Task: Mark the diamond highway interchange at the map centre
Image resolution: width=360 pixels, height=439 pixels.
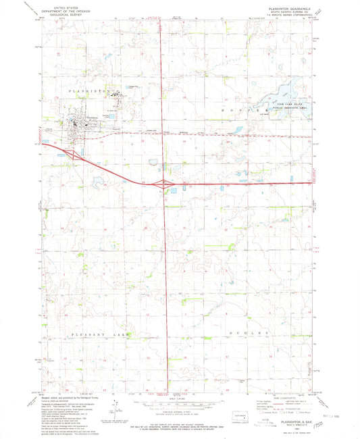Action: tap(164, 183)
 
